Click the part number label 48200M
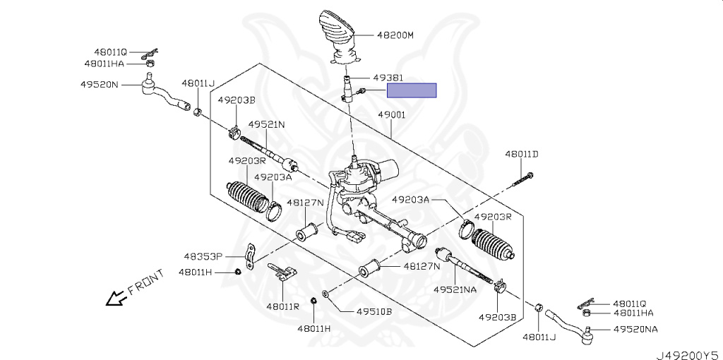(394, 34)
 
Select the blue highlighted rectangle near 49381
(412, 90)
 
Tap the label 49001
(391, 114)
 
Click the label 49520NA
(635, 330)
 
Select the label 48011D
(521, 154)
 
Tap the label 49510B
(374, 311)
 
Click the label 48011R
(282, 306)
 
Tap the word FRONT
(145, 282)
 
